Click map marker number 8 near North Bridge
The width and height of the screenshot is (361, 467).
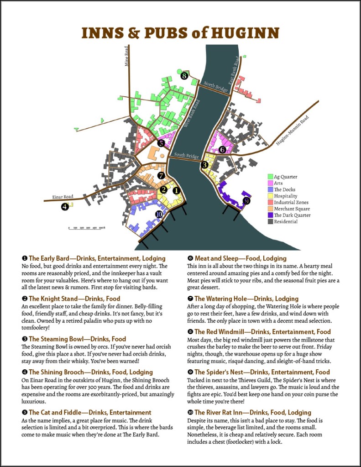tap(184, 76)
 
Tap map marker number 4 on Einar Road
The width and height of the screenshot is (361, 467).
tap(65, 207)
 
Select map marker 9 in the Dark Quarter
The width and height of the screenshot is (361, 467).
tap(247, 200)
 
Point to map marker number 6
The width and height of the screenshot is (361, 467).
tap(222, 149)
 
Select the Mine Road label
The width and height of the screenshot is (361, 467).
tap(127, 56)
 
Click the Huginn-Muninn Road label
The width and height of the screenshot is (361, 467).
tap(293, 131)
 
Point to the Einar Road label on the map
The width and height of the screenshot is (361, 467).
tap(62, 197)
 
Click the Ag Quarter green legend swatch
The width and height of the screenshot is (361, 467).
tap(270, 177)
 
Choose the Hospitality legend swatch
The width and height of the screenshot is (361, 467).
tap(270, 196)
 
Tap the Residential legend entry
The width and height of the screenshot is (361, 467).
tap(286, 221)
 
